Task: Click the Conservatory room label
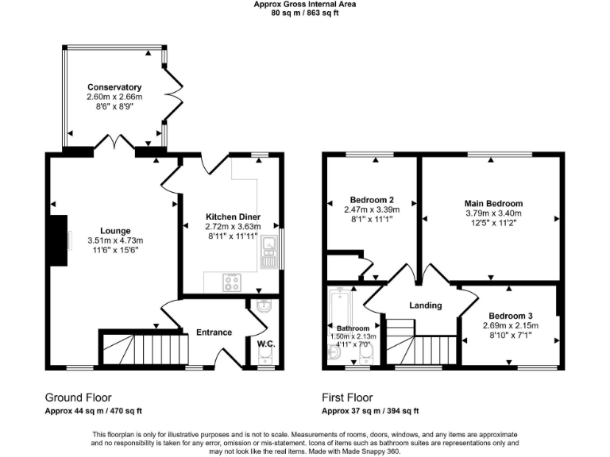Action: [114, 87]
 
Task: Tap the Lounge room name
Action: [115, 232]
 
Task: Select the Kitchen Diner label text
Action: [233, 217]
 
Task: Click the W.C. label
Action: [265, 344]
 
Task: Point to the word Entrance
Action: [214, 332]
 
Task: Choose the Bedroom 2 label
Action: [372, 200]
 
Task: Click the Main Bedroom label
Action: [493, 204]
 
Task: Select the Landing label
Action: [425, 305]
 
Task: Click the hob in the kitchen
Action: [234, 281]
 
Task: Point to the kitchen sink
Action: [268, 252]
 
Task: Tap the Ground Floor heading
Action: [78, 397]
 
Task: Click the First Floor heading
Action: [347, 397]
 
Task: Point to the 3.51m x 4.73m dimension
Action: [115, 241]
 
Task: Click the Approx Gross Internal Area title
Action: [304, 4]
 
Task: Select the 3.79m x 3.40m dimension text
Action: [493, 213]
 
